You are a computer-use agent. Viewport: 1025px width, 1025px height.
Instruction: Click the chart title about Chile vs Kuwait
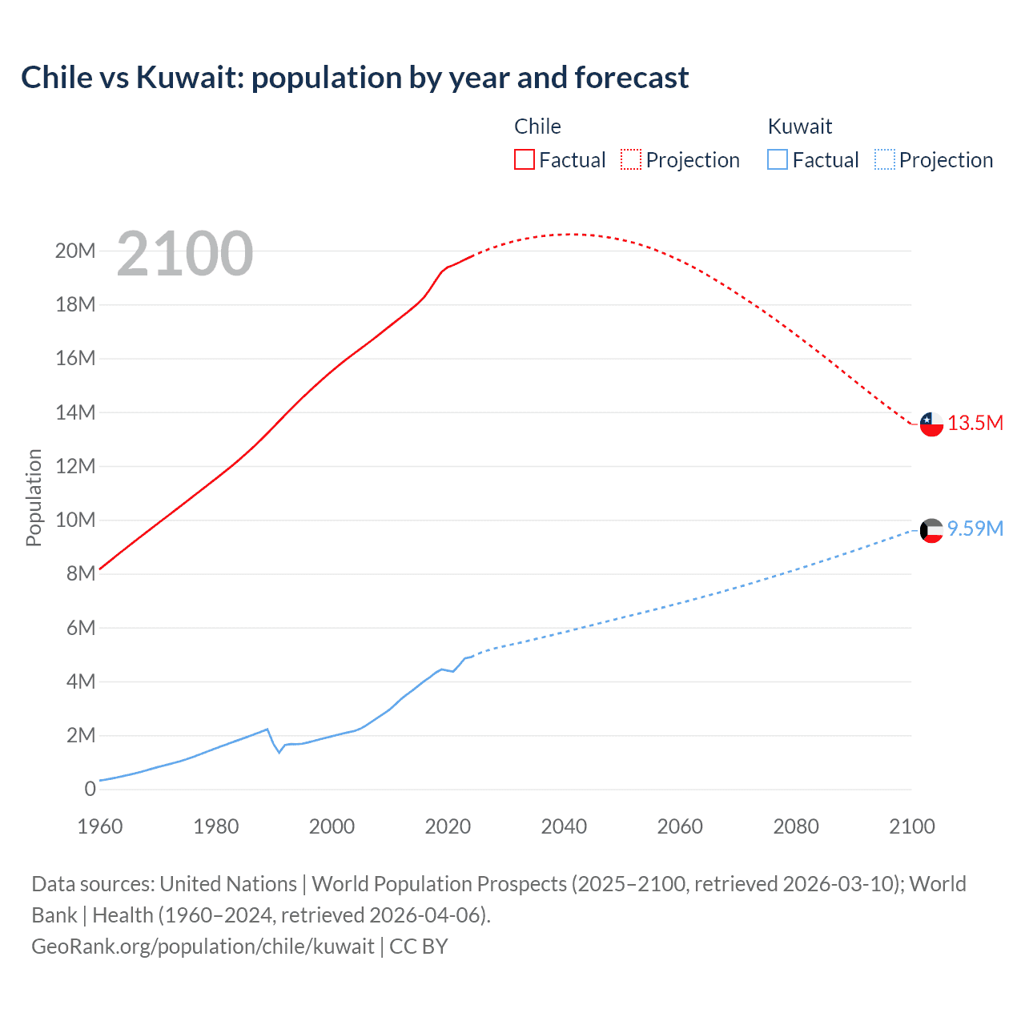354,78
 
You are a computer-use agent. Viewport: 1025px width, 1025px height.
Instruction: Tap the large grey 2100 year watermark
185,254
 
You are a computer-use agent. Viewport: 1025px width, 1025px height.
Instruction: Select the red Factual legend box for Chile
524,159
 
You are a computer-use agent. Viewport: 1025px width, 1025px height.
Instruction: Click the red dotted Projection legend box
631,159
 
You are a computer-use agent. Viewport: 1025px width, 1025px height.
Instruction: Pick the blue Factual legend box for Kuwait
778,159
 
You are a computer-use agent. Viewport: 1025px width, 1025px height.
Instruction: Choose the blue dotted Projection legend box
885,159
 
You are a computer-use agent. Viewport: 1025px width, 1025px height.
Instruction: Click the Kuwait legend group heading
799,127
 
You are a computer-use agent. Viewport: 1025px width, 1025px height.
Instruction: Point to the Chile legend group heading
537,127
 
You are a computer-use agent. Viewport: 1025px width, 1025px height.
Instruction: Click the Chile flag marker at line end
931,424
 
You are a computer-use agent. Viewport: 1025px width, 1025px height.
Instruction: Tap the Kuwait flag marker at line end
931,530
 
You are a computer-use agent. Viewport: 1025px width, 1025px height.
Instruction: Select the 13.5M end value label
975,423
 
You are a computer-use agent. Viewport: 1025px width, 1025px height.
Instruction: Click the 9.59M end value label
975,529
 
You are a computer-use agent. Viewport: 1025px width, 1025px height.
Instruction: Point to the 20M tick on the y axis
75,251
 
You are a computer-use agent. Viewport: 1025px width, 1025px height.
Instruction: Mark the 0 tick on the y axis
90,789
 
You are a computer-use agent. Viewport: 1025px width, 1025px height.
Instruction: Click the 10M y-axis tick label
75,520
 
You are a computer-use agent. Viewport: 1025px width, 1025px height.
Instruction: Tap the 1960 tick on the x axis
100,826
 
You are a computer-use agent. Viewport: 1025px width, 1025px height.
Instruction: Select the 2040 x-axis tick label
564,826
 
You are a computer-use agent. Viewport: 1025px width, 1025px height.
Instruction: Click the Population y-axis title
34,497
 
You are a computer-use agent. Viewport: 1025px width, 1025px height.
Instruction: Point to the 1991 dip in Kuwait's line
279,752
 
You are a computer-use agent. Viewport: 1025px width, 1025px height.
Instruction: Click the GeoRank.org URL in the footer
203,947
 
